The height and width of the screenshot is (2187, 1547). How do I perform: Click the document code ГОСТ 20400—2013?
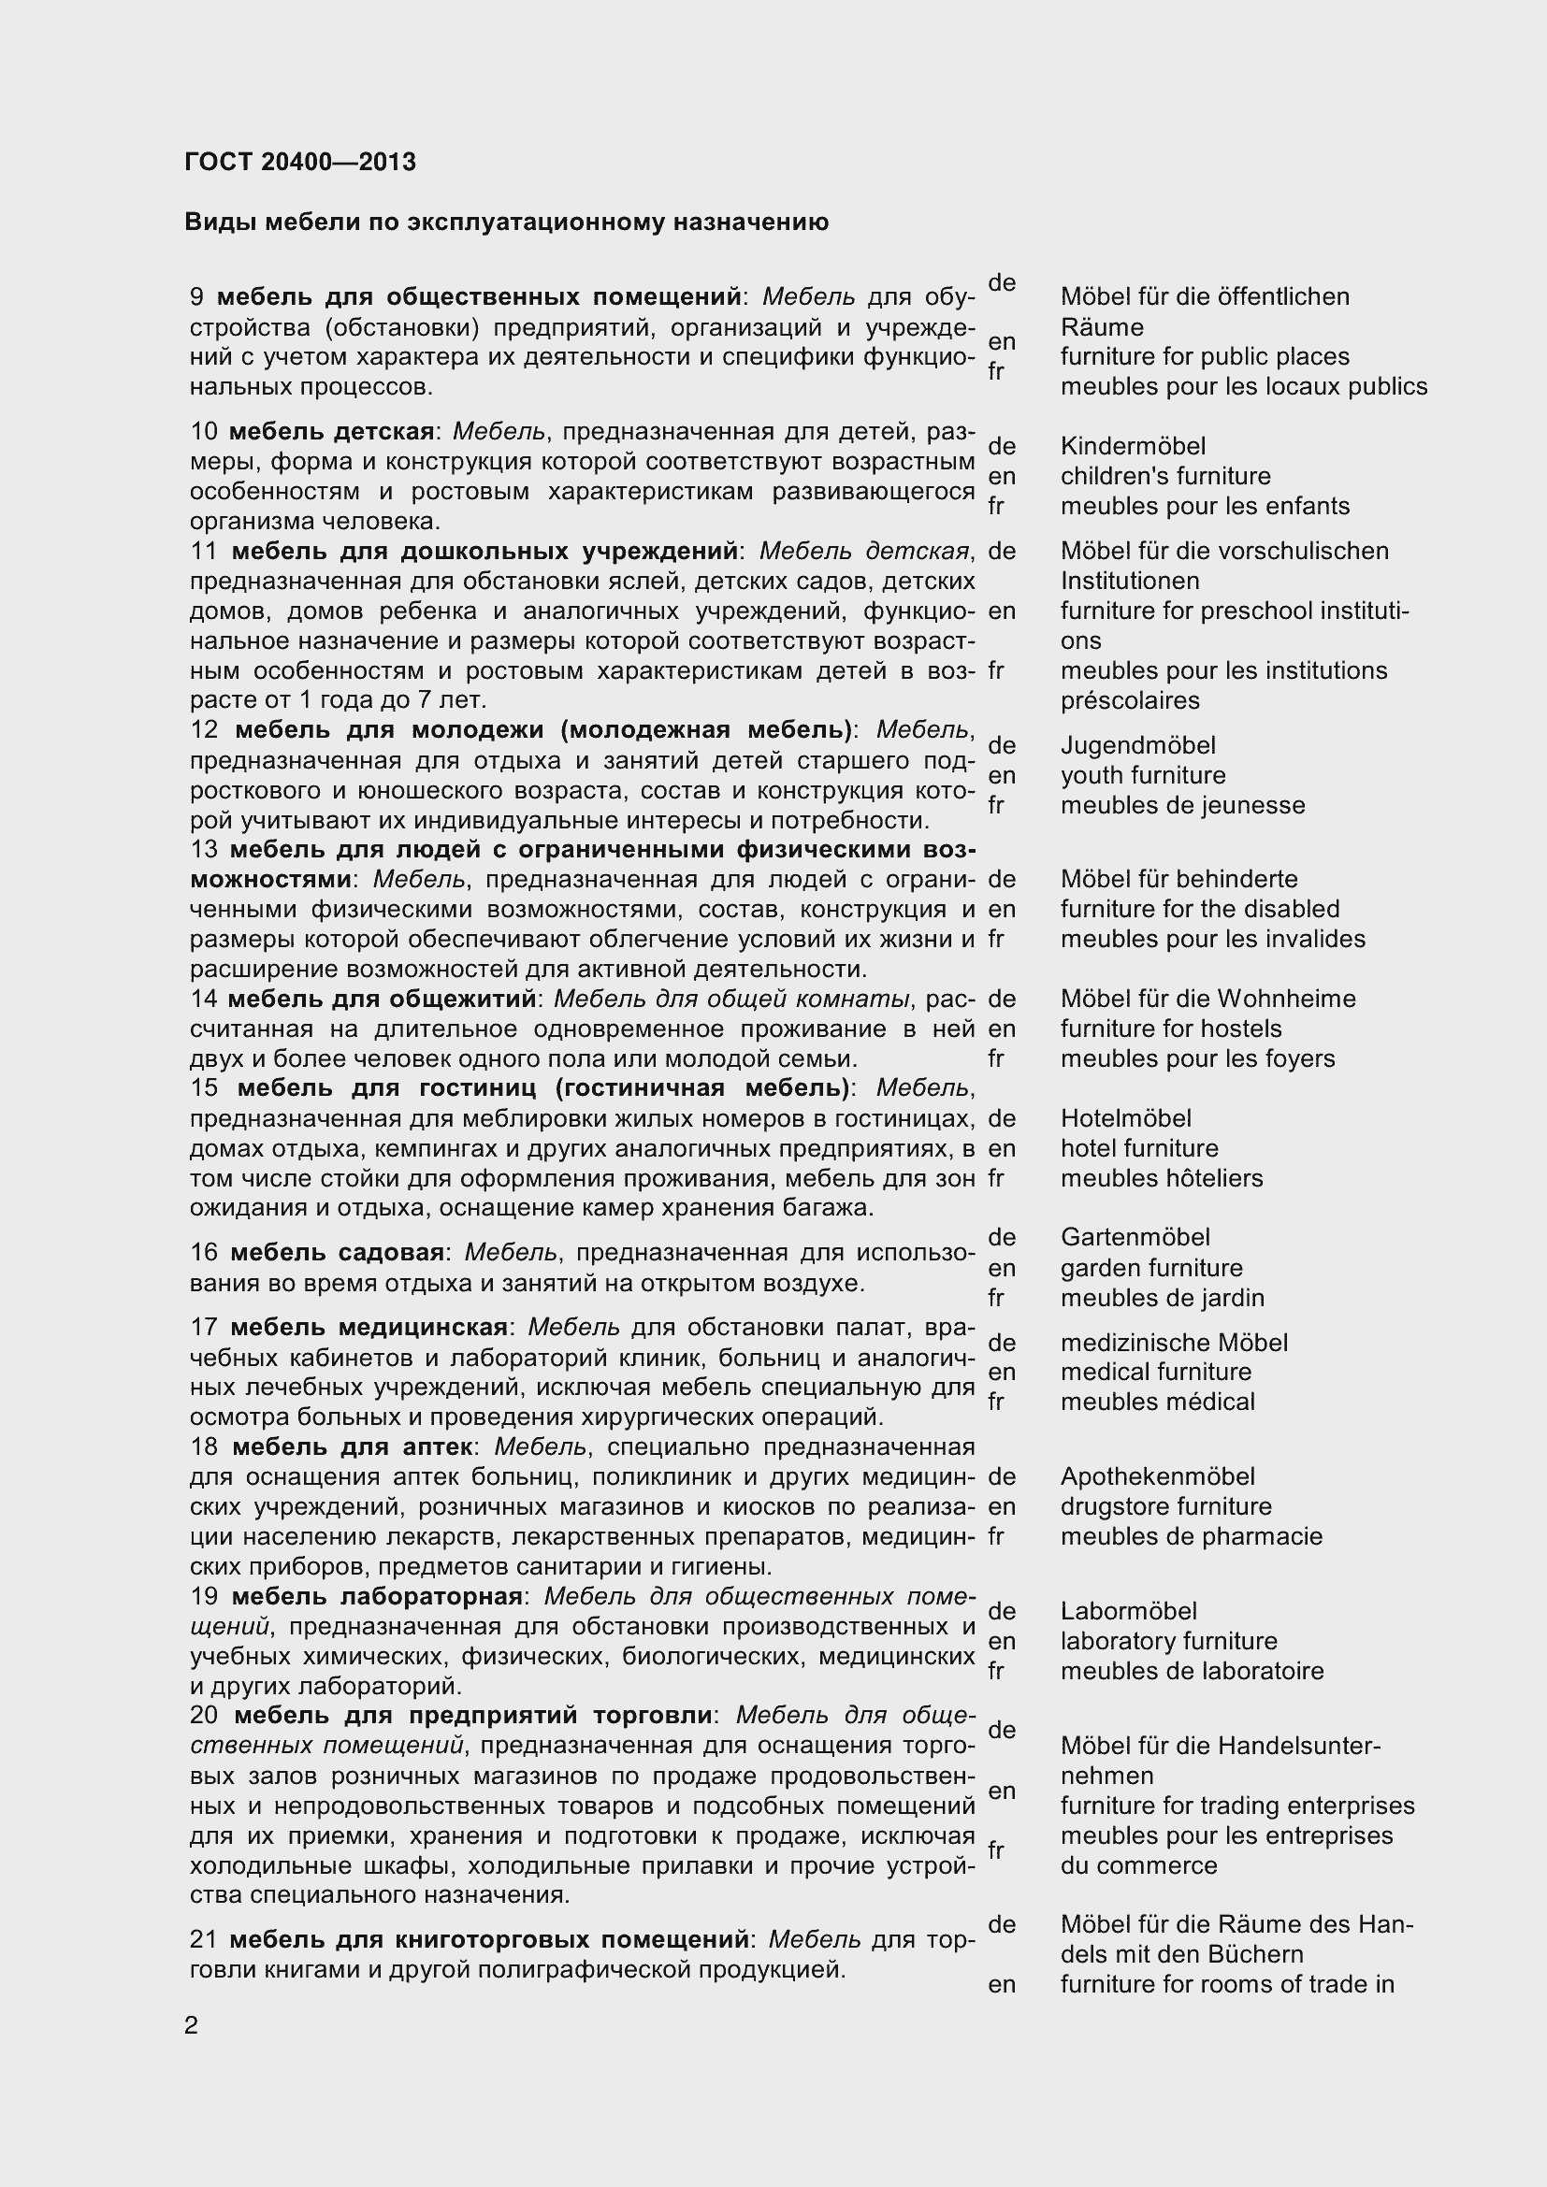[x=300, y=162]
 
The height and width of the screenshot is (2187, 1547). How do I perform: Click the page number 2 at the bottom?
[x=192, y=2025]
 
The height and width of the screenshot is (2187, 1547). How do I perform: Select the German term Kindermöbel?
[x=1133, y=446]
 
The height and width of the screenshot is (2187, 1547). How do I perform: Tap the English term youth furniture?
[x=1143, y=775]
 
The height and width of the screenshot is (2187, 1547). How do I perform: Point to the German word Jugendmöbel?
[x=1137, y=745]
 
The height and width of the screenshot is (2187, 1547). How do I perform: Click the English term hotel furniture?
[x=1139, y=1148]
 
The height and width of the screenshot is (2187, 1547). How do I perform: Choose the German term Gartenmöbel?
[x=1135, y=1237]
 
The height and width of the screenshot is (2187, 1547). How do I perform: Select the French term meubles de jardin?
[x=1163, y=1298]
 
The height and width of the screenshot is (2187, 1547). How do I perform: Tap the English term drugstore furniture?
[x=1166, y=1506]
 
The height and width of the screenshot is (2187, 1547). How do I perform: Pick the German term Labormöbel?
[x=1128, y=1611]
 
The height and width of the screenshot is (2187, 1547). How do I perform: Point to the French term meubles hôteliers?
[x=1162, y=1178]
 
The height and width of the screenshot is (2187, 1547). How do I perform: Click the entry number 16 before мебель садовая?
[x=204, y=1253]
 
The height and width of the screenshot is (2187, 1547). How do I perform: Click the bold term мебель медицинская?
[x=369, y=1327]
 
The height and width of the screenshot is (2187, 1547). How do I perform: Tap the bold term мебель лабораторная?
[x=377, y=1595]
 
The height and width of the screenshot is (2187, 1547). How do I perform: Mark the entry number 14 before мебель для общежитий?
[x=204, y=1000]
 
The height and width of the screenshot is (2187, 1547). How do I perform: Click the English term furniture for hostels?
[x=1171, y=1029]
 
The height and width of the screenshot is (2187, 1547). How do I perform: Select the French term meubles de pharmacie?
[x=1191, y=1535]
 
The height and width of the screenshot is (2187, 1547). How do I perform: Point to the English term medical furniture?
[x=1155, y=1372]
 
